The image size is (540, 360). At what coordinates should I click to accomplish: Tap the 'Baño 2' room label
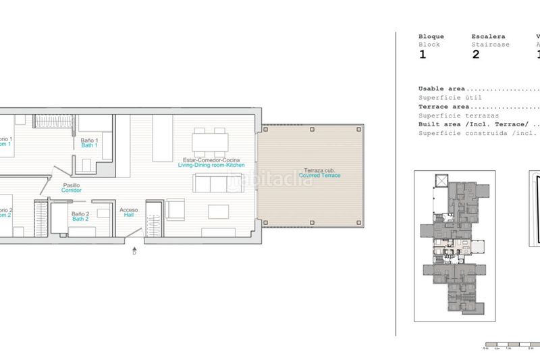point(80,214)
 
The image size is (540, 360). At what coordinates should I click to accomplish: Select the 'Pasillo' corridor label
point(72,185)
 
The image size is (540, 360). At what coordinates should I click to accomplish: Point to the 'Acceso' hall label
point(129,210)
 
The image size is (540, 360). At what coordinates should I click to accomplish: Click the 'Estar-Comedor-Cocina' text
point(211,159)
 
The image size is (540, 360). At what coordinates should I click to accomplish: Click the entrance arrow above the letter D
point(134,247)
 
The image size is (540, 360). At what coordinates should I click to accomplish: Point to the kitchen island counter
point(162,138)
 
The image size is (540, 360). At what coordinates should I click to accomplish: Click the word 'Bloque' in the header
point(431,36)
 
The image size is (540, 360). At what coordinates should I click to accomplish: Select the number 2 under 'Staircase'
point(475,55)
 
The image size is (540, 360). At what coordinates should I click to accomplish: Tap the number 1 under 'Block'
point(423,55)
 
